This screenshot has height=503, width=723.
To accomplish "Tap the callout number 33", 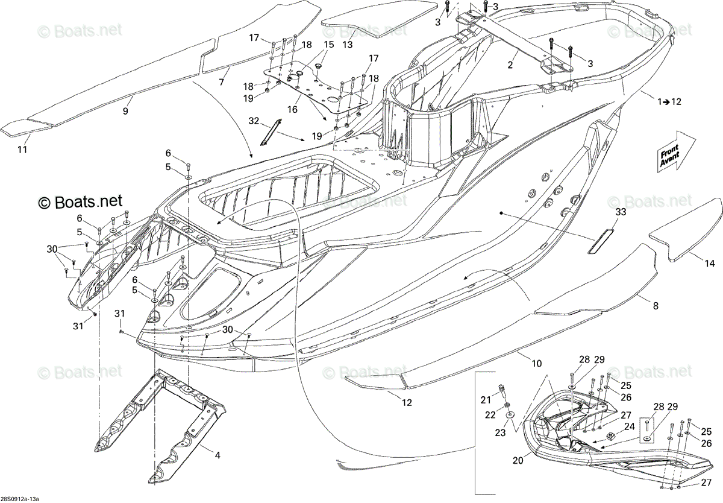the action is pyautogui.click(x=621, y=212).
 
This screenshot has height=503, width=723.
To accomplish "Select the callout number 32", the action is pyautogui.click(x=254, y=121).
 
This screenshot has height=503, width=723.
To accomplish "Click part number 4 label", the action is pyautogui.click(x=218, y=455).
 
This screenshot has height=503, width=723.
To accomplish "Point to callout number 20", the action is pyautogui.click(x=518, y=460).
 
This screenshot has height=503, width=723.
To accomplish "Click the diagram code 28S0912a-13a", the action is pyautogui.click(x=19, y=499).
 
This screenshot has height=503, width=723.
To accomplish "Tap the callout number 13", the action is pyautogui.click(x=347, y=44).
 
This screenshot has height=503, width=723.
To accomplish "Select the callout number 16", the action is pyautogui.click(x=292, y=110).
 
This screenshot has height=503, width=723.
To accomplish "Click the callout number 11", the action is pyautogui.click(x=22, y=150).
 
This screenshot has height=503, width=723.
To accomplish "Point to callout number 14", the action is pyautogui.click(x=710, y=264).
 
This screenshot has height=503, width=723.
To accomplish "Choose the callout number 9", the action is pyautogui.click(x=125, y=111).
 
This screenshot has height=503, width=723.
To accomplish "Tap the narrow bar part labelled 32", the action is pyautogui.click(x=270, y=133).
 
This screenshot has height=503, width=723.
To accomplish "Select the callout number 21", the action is pyautogui.click(x=486, y=400).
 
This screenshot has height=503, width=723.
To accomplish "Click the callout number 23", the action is pyautogui.click(x=500, y=432).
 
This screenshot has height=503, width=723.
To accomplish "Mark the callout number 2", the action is pyautogui.click(x=510, y=65).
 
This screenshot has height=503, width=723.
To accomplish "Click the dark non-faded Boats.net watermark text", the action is pyautogui.click(x=80, y=201).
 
